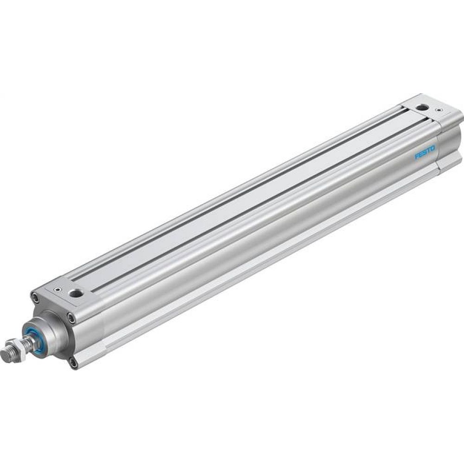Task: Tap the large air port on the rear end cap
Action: coord(422,107)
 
